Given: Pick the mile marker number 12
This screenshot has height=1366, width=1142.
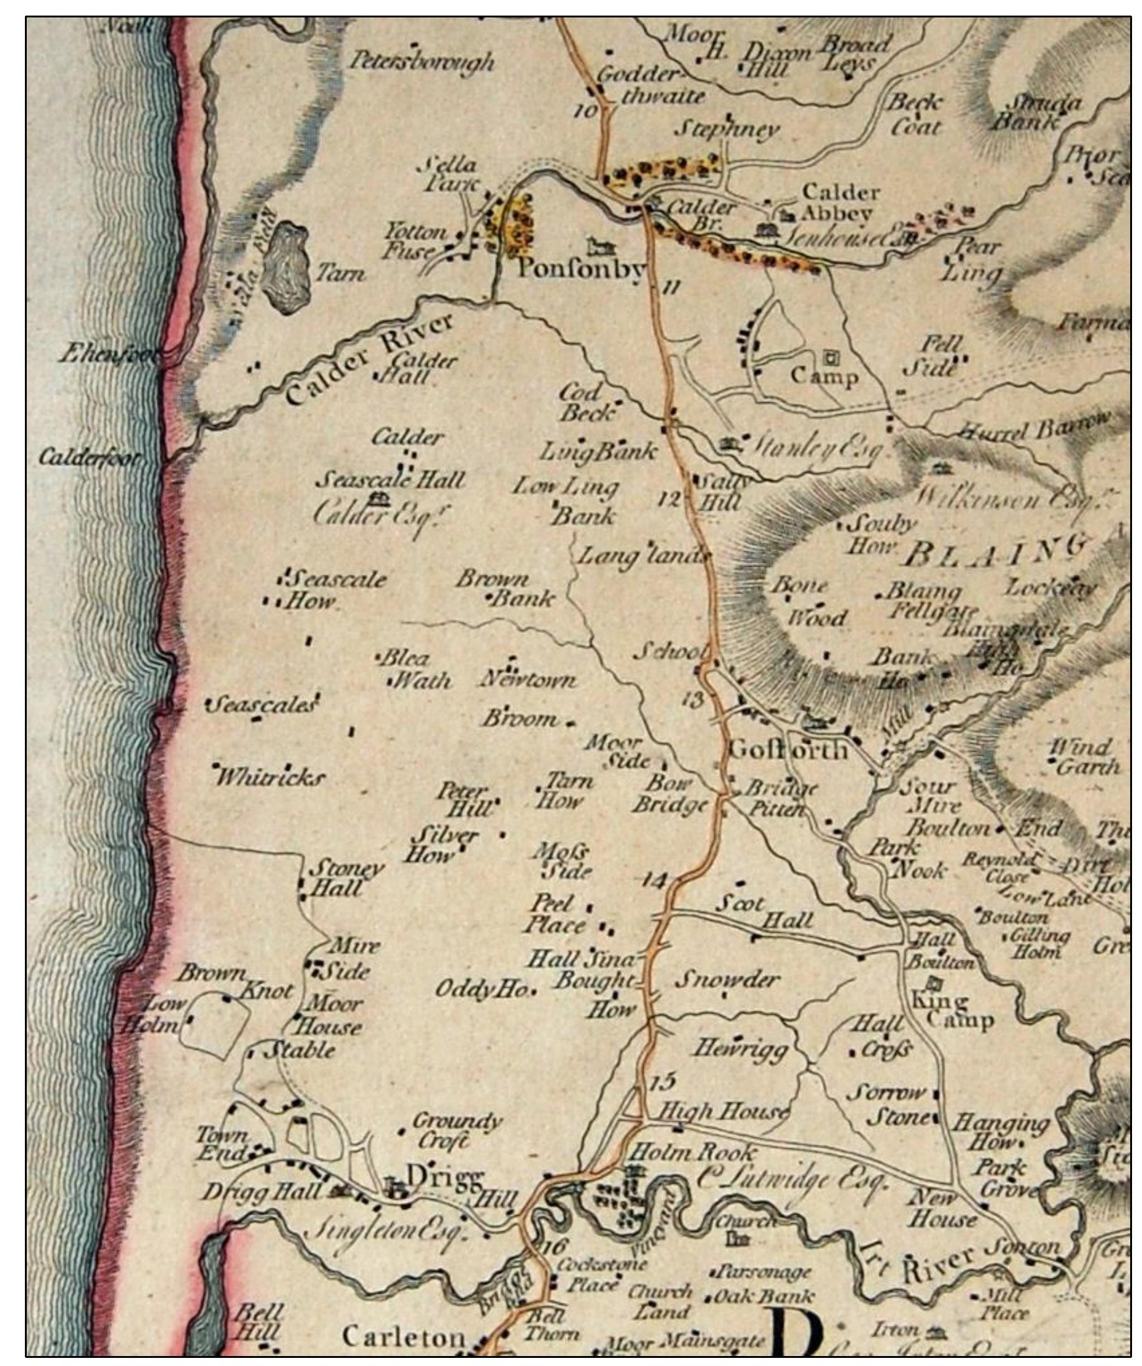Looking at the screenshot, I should point(669,500).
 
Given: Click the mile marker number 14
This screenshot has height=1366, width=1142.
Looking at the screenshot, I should point(654,881).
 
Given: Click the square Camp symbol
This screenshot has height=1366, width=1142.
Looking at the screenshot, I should point(831,357).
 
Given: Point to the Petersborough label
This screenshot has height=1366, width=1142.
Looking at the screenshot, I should point(422,62).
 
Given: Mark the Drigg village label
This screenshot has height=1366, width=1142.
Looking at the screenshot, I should point(445,1176).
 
